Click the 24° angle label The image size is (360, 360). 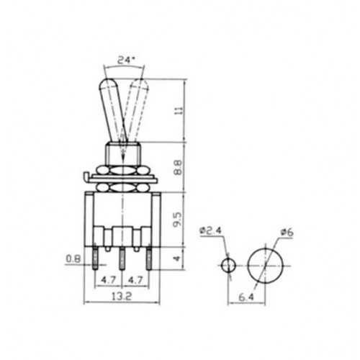[125, 60]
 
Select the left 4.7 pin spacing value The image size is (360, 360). [108, 277]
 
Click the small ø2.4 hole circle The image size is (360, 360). [228, 265]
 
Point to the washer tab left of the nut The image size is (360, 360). [86, 175]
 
